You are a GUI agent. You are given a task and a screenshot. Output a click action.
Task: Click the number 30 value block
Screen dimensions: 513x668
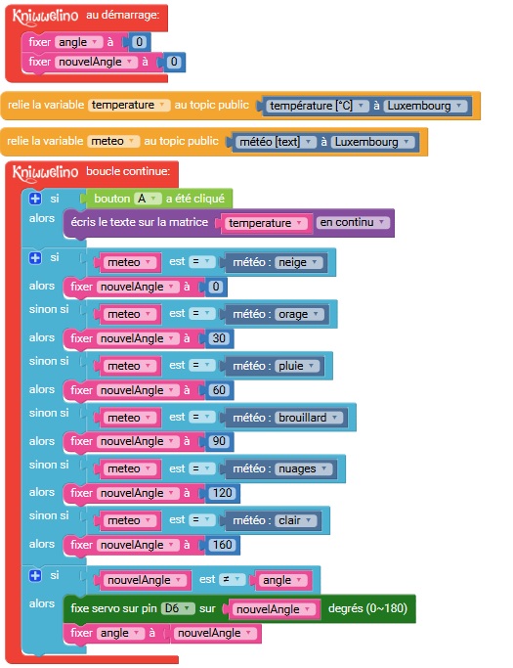coord(219,338)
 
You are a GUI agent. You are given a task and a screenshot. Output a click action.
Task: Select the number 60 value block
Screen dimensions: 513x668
coord(219,390)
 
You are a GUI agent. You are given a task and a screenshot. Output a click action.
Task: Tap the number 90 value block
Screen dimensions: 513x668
coord(219,441)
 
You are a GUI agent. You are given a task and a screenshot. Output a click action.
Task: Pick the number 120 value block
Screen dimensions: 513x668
coord(222,493)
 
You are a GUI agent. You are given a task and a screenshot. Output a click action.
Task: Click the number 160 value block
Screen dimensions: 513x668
coord(222,545)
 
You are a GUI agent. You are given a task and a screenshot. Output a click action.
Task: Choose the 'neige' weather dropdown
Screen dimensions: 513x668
coord(298,262)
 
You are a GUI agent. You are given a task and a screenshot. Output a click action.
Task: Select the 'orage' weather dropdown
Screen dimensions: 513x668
coord(299,314)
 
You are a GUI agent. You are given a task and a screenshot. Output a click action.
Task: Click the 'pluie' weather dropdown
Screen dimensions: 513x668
coord(297,367)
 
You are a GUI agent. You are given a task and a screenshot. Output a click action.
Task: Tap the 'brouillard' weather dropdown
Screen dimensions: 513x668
coord(309,418)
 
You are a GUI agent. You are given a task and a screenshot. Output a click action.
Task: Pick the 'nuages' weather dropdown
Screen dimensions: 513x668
coord(304,469)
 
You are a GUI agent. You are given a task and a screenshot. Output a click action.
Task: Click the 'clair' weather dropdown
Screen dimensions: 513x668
coord(295,520)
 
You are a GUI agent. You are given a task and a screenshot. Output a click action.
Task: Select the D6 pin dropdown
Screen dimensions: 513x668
coord(178,608)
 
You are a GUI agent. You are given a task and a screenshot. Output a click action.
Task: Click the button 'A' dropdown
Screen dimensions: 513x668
coord(148,199)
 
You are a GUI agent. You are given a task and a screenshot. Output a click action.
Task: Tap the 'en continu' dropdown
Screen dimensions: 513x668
coord(353,222)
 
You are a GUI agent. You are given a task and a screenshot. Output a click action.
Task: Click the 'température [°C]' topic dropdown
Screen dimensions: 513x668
coord(318,106)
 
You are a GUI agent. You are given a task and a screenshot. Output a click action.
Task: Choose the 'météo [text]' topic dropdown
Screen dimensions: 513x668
coord(276,142)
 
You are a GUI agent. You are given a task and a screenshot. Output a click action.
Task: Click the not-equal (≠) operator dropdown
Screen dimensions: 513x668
coord(232,579)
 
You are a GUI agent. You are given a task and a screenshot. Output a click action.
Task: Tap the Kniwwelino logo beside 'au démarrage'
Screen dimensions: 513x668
coord(45,17)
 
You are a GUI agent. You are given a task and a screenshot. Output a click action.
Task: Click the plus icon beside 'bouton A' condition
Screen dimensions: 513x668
coord(35,199)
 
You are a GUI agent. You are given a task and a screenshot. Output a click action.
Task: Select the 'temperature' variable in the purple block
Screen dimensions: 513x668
coord(265,223)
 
